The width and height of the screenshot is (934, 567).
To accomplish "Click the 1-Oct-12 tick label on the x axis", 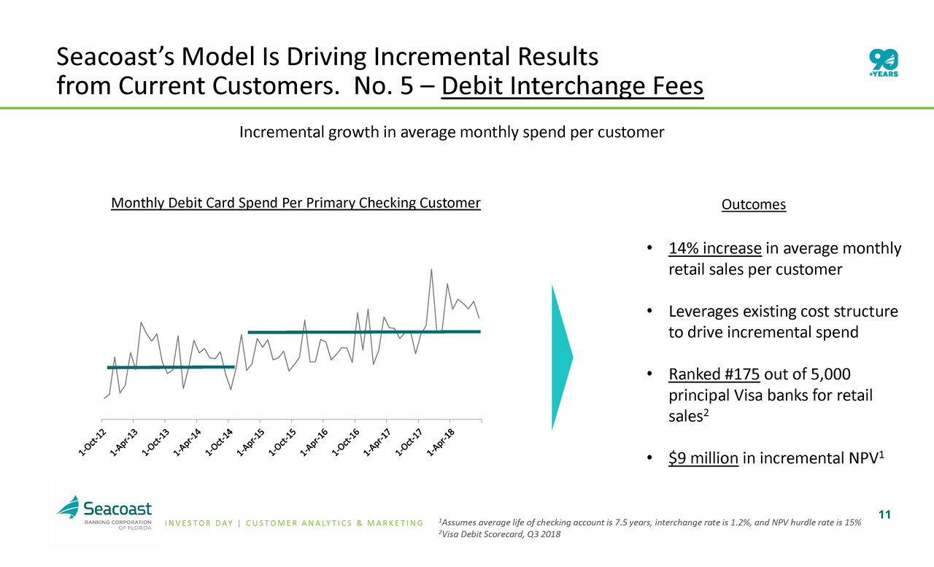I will [x=92, y=444].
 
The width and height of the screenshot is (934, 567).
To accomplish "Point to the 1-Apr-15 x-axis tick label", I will [x=250, y=444].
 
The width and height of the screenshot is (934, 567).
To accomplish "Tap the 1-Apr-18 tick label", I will [x=439, y=444].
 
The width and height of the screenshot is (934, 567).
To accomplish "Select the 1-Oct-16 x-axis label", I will [x=344, y=444].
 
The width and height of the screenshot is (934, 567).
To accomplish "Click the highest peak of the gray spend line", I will [x=431, y=270].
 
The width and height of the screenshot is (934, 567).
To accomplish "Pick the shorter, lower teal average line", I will [x=170, y=367].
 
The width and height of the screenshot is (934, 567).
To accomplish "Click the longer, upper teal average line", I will [x=363, y=332].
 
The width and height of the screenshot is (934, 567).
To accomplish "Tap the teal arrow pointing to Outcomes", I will [x=562, y=357].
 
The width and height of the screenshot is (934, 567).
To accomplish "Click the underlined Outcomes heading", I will [x=753, y=205].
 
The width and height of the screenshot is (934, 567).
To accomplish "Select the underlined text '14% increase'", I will [x=714, y=249].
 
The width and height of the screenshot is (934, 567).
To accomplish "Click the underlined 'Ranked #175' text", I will [x=714, y=375].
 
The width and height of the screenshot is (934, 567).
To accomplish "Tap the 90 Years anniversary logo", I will [x=884, y=63].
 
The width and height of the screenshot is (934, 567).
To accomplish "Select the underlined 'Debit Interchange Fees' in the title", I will [x=572, y=88].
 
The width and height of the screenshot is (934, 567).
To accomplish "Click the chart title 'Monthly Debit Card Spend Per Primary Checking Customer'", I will [x=296, y=203].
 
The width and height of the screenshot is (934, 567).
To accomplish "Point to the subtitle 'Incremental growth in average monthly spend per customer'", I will [x=452, y=133].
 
